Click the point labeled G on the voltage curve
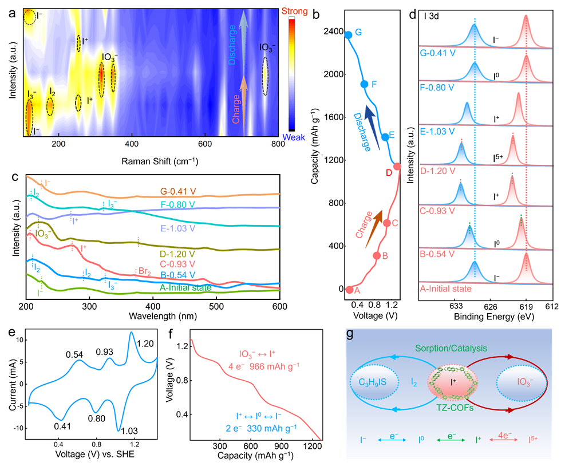pyautogui.click(x=349, y=35)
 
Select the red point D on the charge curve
pyautogui.click(x=397, y=167)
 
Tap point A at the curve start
pyautogui.click(x=349, y=290)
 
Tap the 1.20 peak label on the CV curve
pyautogui.click(x=145, y=343)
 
